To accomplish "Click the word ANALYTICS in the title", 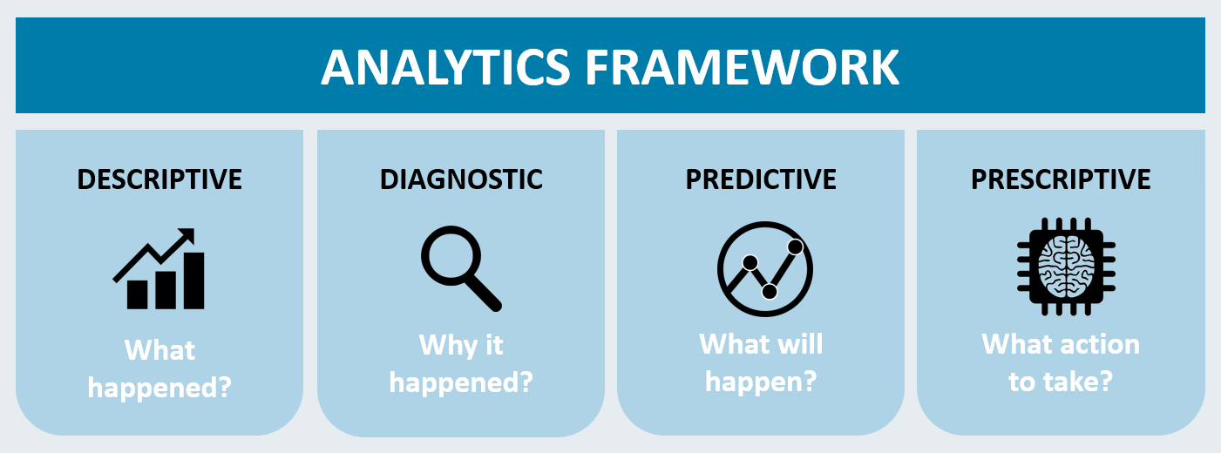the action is click(x=445, y=67).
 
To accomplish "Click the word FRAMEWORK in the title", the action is click(x=742, y=67).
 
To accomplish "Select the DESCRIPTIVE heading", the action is click(x=159, y=179).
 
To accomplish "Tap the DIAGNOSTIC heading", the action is click(x=461, y=179).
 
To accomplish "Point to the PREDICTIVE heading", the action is click(x=760, y=179).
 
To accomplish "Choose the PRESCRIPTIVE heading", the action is click(x=1061, y=179).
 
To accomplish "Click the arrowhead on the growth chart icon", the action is click(x=186, y=237).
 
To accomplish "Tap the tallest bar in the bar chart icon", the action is click(x=193, y=281).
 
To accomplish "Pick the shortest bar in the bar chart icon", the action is click(x=138, y=295).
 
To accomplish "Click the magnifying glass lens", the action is click(x=451, y=255).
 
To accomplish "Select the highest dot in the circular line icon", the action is click(x=796, y=247).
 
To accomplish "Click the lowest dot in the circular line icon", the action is click(x=770, y=292).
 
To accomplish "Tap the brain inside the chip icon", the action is click(x=1066, y=267).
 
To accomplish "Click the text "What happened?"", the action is click(x=159, y=369).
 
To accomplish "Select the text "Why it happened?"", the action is click(x=461, y=363).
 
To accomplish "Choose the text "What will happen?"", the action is click(x=761, y=362).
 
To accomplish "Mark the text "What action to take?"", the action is click(x=1061, y=362).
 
